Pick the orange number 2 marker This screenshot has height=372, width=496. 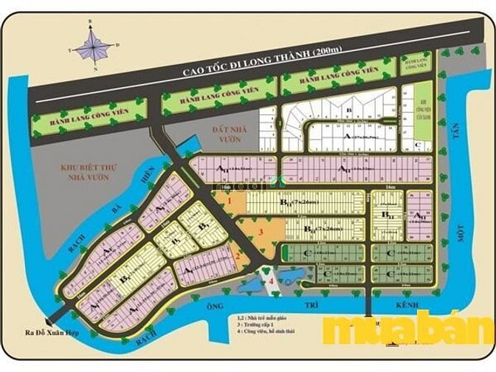pyautogui.click(x=239, y=256)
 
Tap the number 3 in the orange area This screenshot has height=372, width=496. pyautogui.click(x=261, y=232)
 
